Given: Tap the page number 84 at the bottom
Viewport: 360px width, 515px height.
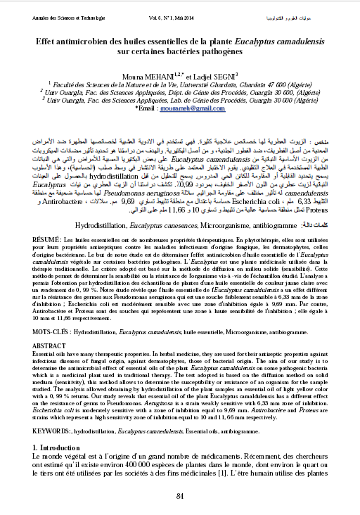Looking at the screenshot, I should (x=180, y=497).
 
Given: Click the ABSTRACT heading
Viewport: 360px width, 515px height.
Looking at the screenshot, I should (x=49, y=346).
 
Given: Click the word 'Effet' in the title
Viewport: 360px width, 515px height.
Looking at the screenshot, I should (x=48, y=42).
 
